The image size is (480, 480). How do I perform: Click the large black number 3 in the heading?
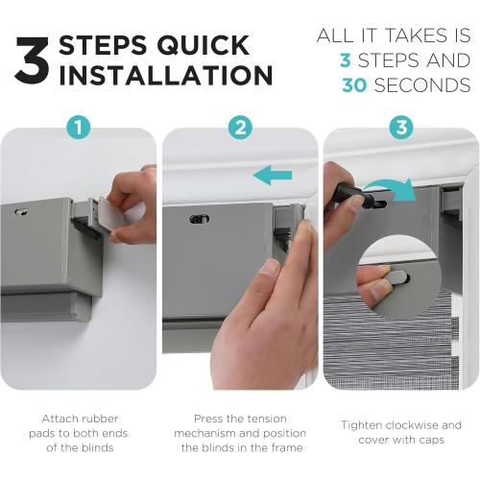[x=33, y=60]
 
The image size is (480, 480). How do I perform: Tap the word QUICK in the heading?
[x=204, y=45]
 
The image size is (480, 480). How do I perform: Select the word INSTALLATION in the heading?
[x=166, y=75]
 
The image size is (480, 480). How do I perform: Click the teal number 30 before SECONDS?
[x=354, y=85]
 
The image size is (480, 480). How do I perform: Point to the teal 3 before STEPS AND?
[x=346, y=60]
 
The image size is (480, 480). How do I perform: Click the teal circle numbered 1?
[x=79, y=128]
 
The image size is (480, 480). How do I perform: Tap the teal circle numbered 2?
[x=241, y=128]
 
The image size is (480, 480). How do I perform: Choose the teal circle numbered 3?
[x=401, y=128]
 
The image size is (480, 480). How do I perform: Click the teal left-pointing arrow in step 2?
[x=273, y=175]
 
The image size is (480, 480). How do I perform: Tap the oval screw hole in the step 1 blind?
[x=21, y=211]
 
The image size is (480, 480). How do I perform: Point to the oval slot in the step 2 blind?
[x=199, y=219]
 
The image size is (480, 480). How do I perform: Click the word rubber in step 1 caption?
[x=100, y=419]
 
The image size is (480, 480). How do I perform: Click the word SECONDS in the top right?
[x=422, y=85]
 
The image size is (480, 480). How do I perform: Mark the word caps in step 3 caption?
[x=431, y=441]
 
